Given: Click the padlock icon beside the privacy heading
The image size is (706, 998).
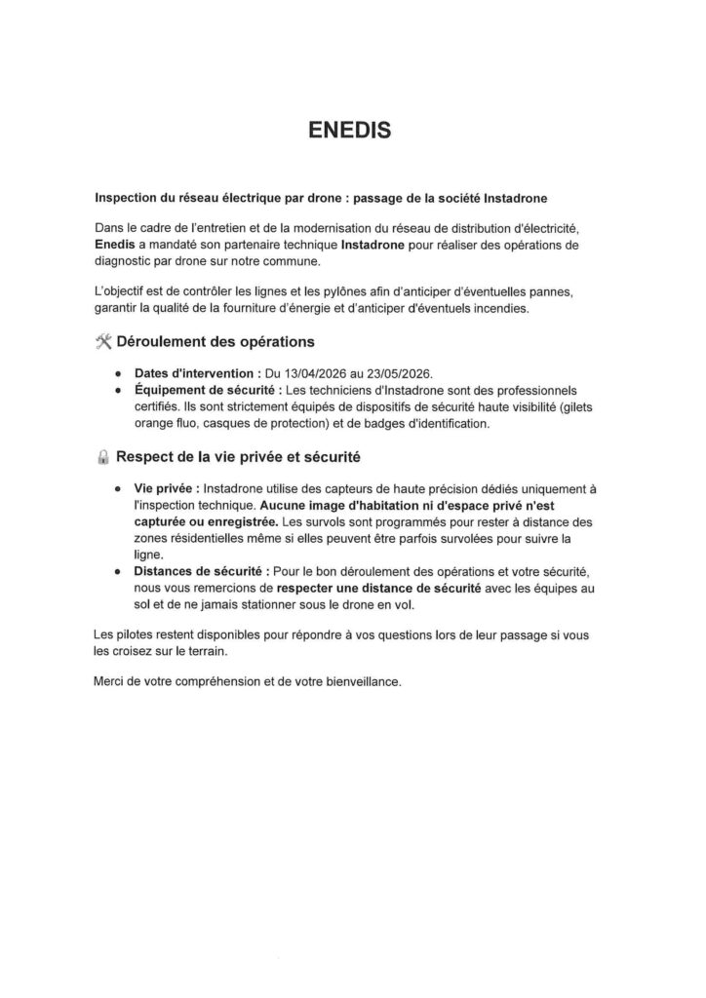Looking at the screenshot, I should click(x=104, y=457).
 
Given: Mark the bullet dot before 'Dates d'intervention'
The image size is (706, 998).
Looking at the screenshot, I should click(x=118, y=374).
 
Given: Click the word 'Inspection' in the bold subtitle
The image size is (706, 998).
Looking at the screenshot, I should click(x=127, y=196).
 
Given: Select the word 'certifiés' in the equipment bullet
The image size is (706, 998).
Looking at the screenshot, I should click(x=158, y=407).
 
